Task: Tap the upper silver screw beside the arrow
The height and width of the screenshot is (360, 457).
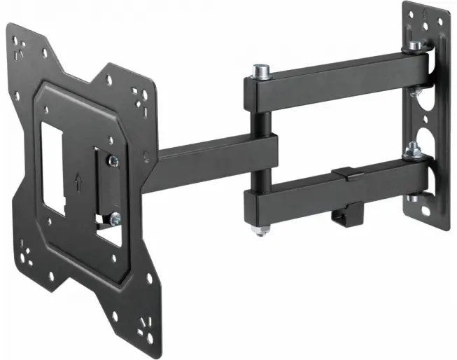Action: [113, 162]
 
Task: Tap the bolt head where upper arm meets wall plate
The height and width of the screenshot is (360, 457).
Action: [416, 46]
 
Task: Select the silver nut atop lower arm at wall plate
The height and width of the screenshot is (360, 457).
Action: [413, 149]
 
